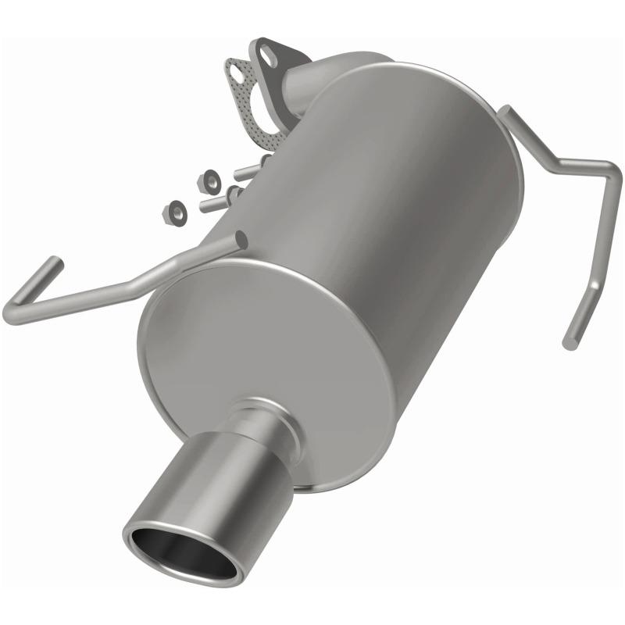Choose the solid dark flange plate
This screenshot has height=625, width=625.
281,62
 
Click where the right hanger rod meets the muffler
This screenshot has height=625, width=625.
508,117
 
